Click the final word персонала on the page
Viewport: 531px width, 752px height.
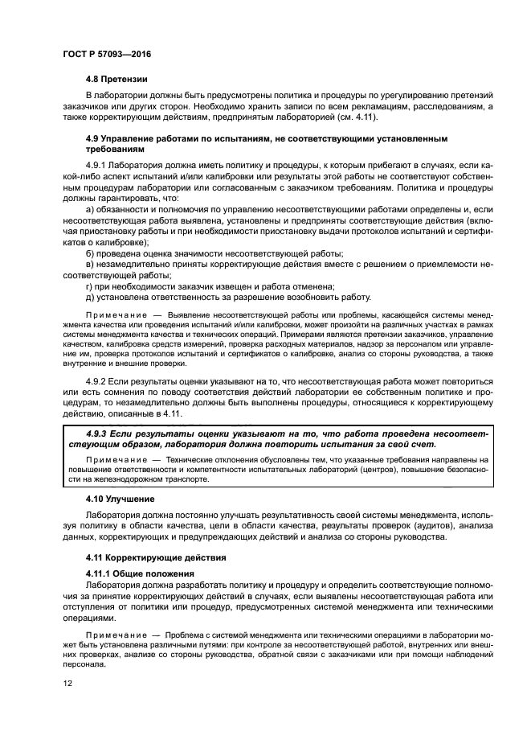85,666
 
